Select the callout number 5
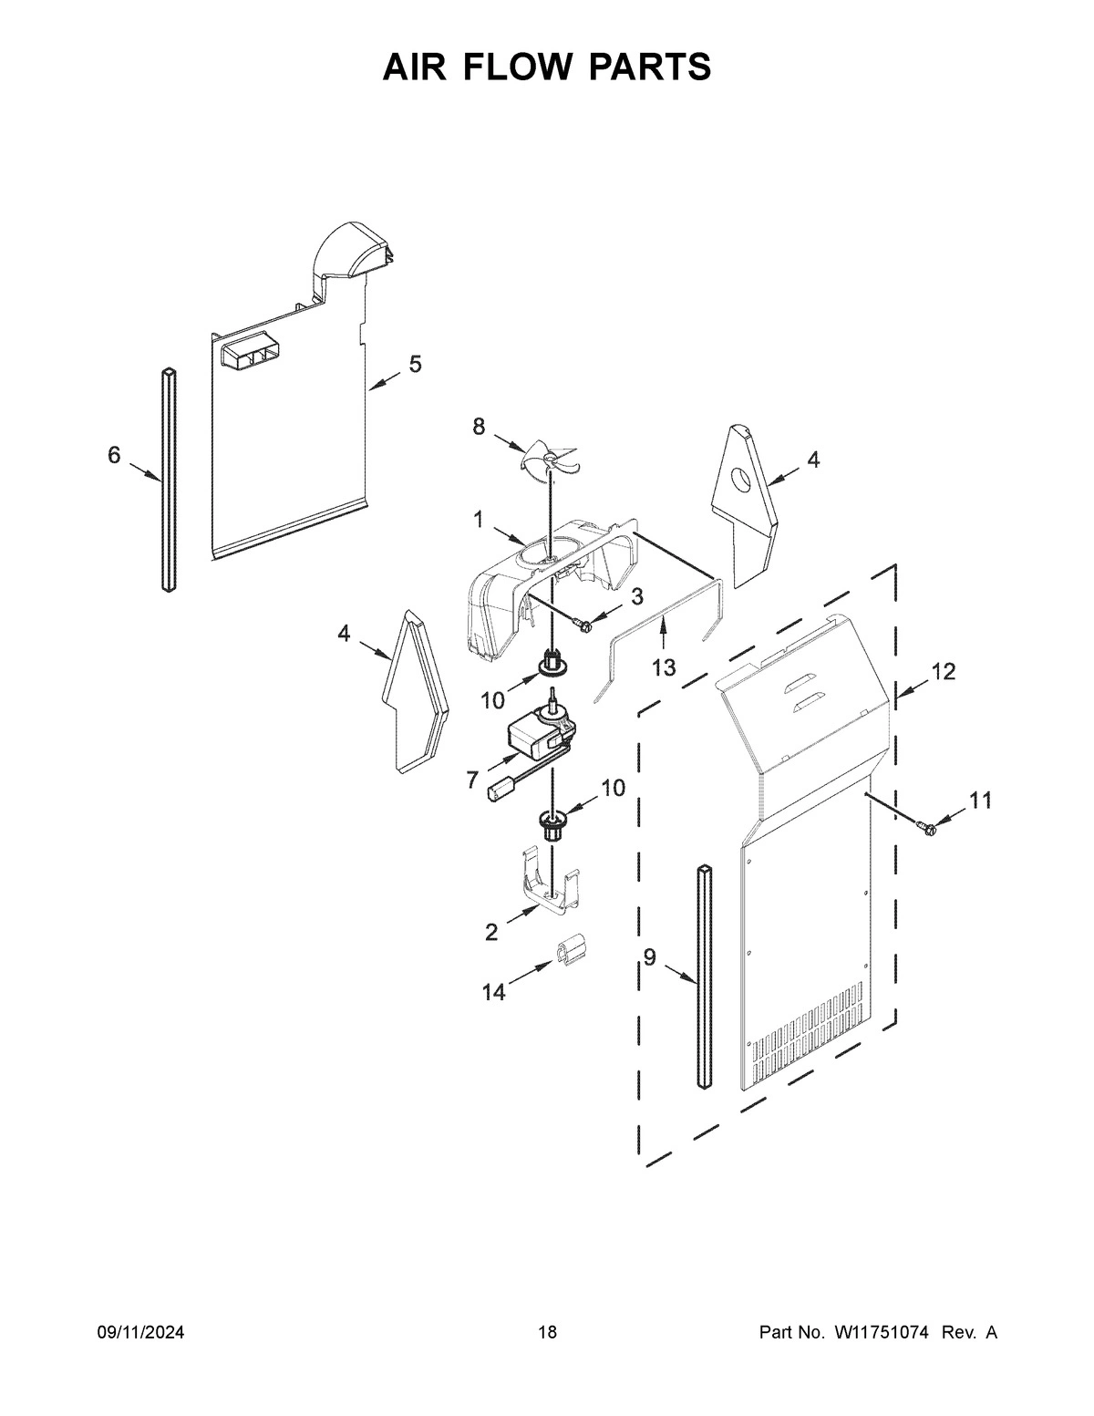(415, 365)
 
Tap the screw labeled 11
(928, 827)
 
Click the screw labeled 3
(583, 623)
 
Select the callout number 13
(663, 667)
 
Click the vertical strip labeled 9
(705, 976)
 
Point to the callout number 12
(944, 672)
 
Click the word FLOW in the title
(547, 67)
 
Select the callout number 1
(477, 520)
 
